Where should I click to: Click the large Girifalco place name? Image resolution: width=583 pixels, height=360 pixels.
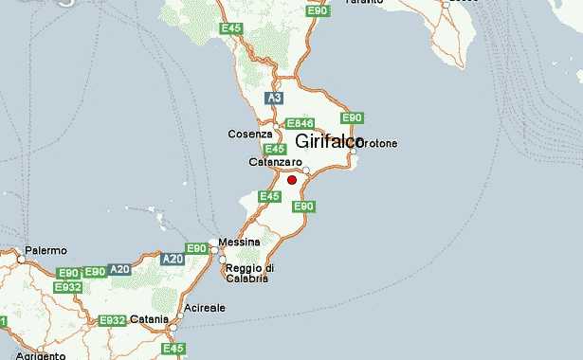click(330, 142)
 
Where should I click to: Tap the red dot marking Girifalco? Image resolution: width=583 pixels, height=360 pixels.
click(292, 180)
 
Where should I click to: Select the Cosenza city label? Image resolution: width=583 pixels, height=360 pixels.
click(250, 135)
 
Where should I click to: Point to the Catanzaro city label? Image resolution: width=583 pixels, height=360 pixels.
click(275, 162)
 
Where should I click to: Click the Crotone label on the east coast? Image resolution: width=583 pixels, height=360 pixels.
click(377, 143)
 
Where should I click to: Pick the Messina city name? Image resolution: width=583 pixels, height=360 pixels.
click(239, 243)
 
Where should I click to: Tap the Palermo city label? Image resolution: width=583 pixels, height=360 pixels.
click(46, 250)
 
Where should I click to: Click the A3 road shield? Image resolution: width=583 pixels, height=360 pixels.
click(275, 98)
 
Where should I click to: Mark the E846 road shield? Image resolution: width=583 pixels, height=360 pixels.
click(300, 123)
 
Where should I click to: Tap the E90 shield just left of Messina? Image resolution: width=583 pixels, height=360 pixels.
click(196, 248)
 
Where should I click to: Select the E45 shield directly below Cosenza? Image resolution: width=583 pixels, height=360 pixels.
click(275, 149)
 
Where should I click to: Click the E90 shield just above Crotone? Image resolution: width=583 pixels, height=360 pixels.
click(352, 117)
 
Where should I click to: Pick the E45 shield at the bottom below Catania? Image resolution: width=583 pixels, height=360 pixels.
click(173, 350)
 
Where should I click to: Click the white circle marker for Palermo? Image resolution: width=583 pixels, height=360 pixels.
click(20, 257)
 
